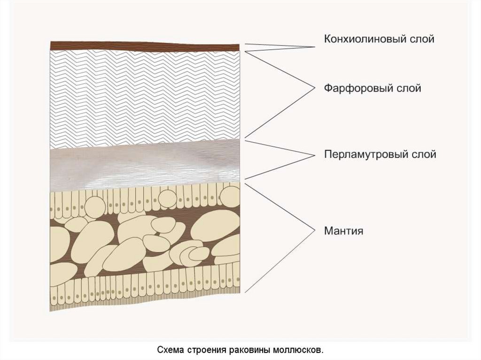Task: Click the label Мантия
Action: (343, 231)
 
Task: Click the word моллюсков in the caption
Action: (300, 350)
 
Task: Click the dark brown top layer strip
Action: (146, 46)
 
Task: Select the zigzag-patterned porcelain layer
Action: (146, 96)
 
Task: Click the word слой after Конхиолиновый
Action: (422, 39)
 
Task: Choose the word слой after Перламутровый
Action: (424, 154)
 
